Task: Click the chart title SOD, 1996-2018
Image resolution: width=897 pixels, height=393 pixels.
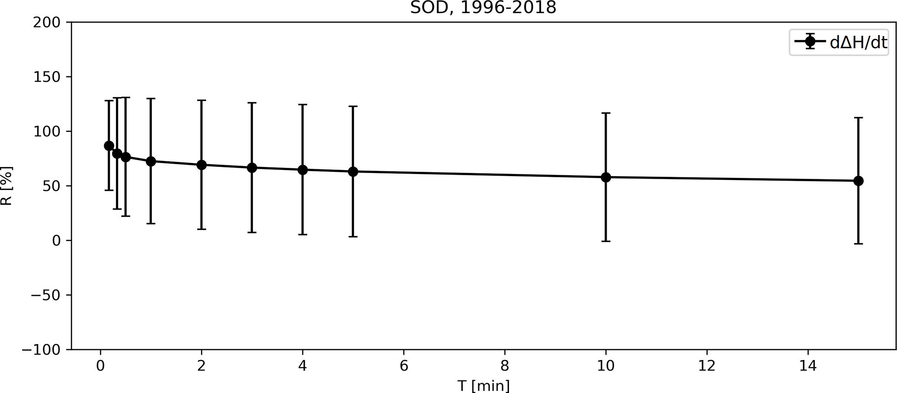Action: tap(483, 8)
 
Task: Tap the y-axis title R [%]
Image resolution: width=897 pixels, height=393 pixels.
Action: tap(7, 186)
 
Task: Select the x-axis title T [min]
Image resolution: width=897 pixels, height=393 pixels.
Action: tap(483, 385)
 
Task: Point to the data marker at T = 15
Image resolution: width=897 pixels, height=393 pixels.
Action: tap(858, 181)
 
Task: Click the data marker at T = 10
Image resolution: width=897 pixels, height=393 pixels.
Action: tap(606, 177)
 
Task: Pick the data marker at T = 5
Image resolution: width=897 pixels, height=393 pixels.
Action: tap(353, 172)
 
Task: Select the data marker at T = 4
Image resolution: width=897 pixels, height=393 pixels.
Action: tap(302, 170)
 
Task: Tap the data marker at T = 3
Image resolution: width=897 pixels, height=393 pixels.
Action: tap(252, 168)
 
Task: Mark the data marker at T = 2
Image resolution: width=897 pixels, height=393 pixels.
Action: tap(201, 165)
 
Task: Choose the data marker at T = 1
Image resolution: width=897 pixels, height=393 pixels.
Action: tap(151, 161)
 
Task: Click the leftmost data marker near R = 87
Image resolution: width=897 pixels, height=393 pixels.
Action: tap(109, 146)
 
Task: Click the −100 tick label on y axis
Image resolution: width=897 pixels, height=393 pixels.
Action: tap(41, 350)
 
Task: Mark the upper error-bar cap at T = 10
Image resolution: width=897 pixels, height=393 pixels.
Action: tap(606, 113)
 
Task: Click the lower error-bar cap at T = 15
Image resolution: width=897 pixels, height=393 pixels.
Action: tap(858, 244)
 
